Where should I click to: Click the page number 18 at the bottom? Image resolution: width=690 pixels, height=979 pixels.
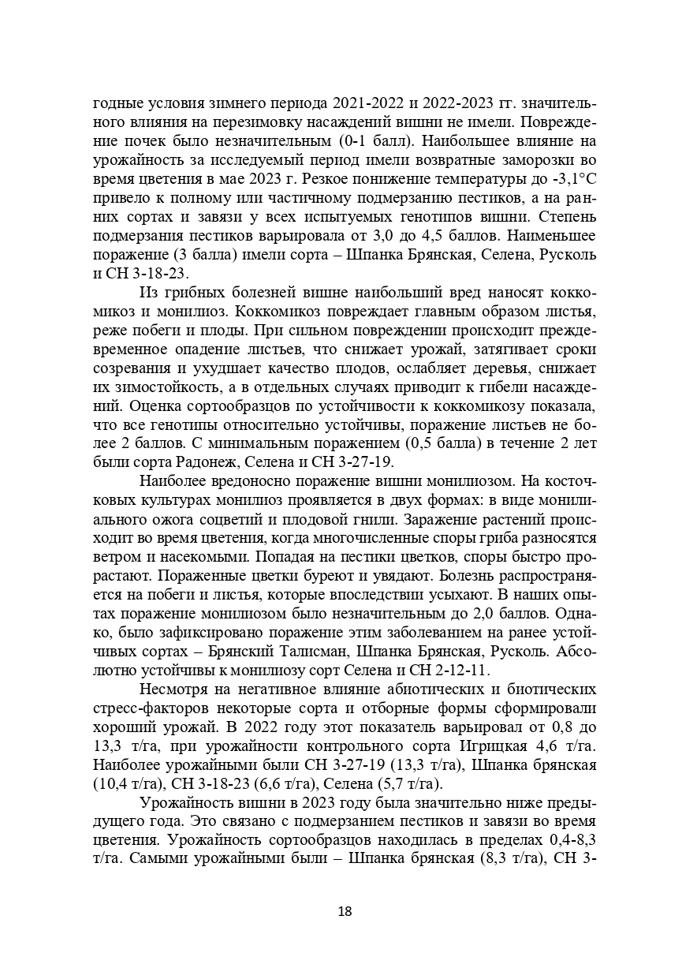pos(345,911)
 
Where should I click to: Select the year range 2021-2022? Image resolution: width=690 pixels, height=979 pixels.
pos(368,103)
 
